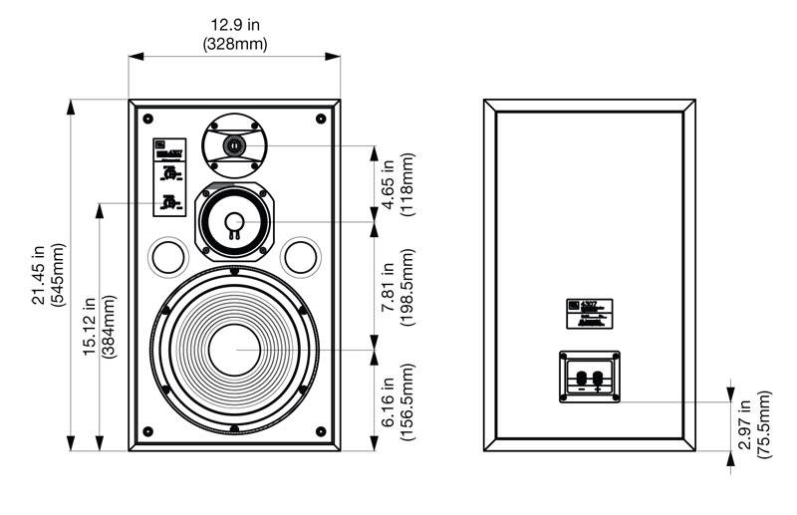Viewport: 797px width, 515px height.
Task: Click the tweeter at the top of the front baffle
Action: pyautogui.click(x=233, y=145)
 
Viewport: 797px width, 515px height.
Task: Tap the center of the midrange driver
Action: pyautogui.click(x=233, y=221)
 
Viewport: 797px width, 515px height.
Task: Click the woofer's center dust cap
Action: pyautogui.click(x=234, y=350)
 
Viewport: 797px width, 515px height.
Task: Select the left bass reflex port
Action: pyautogui.click(x=167, y=257)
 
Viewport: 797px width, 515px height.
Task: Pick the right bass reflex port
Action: pyautogui.click(x=300, y=257)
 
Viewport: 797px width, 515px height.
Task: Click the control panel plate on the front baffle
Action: pyautogui.click(x=169, y=177)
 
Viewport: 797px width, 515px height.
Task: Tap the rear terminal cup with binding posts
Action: pyautogui.click(x=589, y=378)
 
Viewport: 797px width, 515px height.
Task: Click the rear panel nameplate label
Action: pyautogui.click(x=589, y=314)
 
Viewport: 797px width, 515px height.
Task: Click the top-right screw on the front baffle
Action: pyautogui.click(x=320, y=119)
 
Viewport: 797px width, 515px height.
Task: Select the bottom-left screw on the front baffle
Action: pyautogui.click(x=147, y=431)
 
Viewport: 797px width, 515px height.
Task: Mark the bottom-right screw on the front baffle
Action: pyautogui.click(x=320, y=431)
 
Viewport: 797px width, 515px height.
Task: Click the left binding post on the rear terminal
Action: pyautogui.click(x=580, y=378)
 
